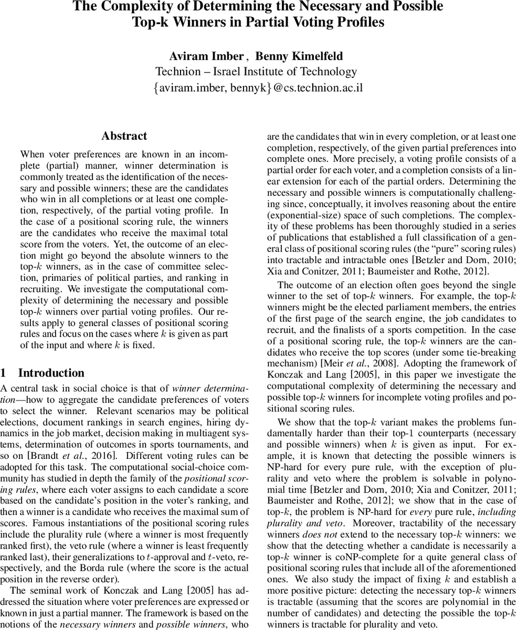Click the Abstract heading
(x=124, y=136)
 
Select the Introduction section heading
(x=51, y=373)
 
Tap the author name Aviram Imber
(x=206, y=56)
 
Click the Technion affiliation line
(x=256, y=72)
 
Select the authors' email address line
(x=258, y=88)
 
